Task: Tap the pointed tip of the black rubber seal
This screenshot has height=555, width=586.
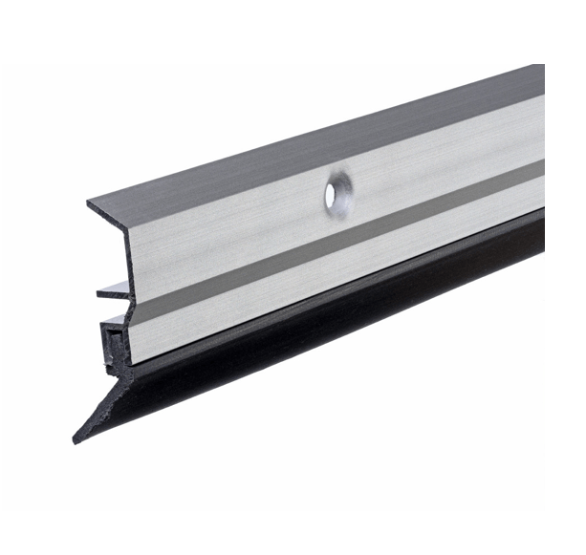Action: click(76, 440)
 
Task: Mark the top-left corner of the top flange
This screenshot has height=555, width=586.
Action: click(89, 203)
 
